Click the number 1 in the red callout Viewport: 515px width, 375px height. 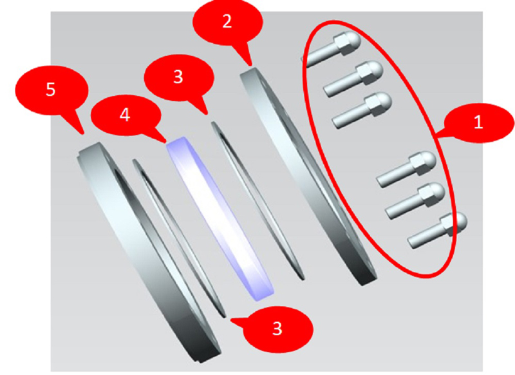click(x=478, y=122)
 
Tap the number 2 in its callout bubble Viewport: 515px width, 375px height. click(x=227, y=21)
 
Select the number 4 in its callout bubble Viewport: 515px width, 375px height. click(x=125, y=115)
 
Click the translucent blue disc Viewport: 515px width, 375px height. click(x=220, y=218)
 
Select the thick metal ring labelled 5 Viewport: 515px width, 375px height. click(x=148, y=251)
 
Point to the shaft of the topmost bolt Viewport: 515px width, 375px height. click(x=319, y=57)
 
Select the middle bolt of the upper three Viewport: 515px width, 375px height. click(x=353, y=78)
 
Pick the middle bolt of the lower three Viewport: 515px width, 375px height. click(x=415, y=200)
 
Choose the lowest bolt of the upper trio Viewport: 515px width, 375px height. click(x=362, y=110)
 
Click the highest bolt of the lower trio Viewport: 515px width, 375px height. click(x=406, y=169)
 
